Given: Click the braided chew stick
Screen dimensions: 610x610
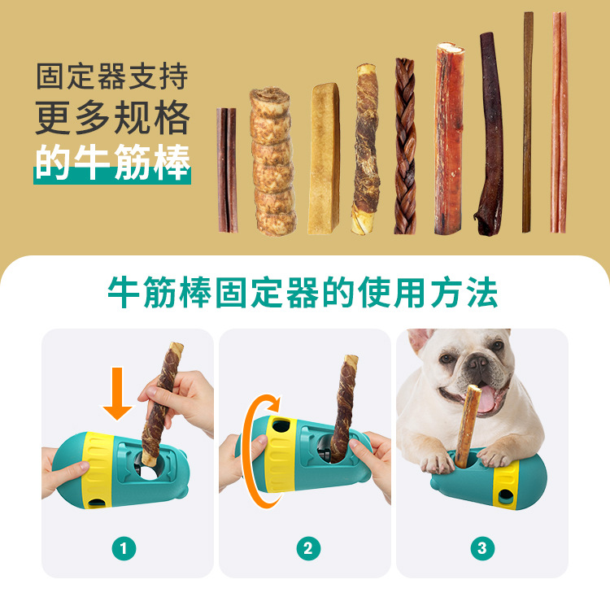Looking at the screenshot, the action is pyautogui.click(x=405, y=146).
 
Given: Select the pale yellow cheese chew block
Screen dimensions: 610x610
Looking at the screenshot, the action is pyautogui.click(x=324, y=159).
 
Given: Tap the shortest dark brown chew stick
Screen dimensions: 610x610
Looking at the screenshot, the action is pyautogui.click(x=227, y=170).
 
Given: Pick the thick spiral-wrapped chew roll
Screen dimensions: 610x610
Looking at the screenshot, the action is pyautogui.click(x=272, y=161).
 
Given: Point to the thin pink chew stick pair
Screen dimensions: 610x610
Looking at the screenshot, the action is pyautogui.click(x=559, y=122).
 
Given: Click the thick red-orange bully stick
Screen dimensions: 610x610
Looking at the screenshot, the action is pyautogui.click(x=449, y=139).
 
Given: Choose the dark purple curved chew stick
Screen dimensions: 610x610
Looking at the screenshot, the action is pyautogui.click(x=490, y=134).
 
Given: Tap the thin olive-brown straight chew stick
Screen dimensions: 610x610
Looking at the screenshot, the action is pyautogui.click(x=527, y=122).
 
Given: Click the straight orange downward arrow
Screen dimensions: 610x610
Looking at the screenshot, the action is pyautogui.click(x=117, y=394).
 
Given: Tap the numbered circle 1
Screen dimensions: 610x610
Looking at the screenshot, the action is pyautogui.click(x=124, y=548).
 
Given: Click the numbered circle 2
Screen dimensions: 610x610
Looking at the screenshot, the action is pyautogui.click(x=308, y=548).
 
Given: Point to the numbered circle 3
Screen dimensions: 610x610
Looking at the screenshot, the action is pyautogui.click(x=482, y=548).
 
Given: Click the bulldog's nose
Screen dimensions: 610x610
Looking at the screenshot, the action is pyautogui.click(x=477, y=363).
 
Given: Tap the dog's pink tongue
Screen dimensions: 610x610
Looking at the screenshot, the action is pyautogui.click(x=486, y=399).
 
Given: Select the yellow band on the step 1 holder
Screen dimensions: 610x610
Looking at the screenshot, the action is pyautogui.click(x=98, y=470).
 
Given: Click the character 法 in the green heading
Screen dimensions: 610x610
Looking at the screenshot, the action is pyautogui.click(x=482, y=293).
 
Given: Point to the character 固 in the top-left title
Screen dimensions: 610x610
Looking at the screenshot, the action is pyautogui.click(x=50, y=76).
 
